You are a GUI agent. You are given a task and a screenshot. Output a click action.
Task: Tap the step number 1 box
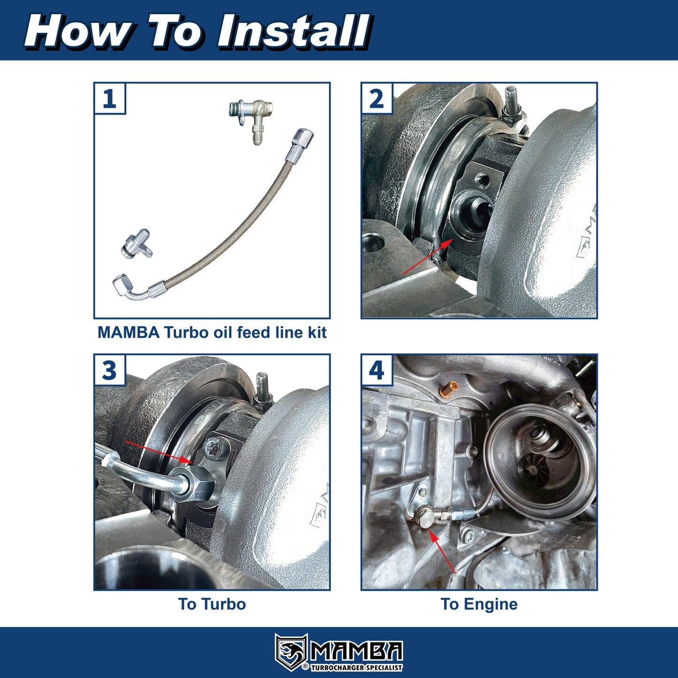pos(109,99)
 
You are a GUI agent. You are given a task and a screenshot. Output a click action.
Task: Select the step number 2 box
pos(377,99)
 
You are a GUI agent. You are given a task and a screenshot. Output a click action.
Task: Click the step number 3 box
pos(109,370)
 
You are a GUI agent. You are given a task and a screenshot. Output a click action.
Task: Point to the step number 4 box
pos(377,370)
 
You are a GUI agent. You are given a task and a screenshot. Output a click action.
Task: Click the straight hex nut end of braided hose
pos(300,145)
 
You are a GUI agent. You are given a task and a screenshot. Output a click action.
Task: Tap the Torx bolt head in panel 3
pos(216,446)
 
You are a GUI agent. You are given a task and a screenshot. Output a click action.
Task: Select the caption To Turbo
pos(212,604)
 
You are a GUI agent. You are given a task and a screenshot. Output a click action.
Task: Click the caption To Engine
pos(479,604)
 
